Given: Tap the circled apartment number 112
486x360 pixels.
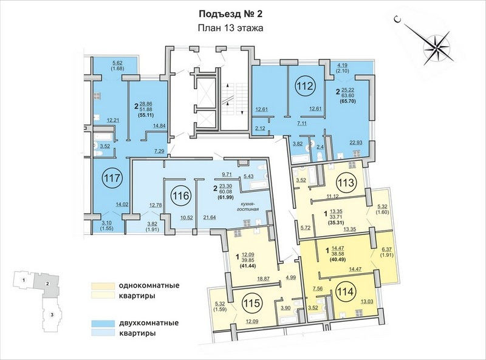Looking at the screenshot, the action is (x=306, y=86).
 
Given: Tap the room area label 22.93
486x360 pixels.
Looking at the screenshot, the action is (x=355, y=142).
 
